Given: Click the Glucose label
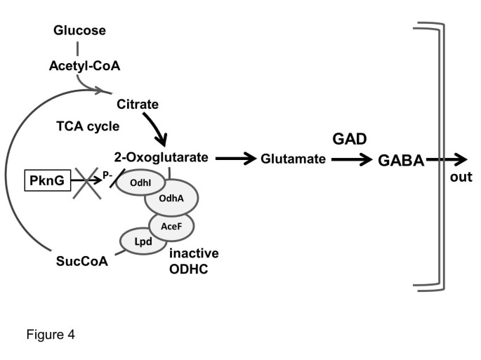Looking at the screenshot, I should (80, 31).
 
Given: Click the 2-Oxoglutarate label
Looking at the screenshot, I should (161, 158).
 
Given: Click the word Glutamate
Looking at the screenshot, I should (294, 159).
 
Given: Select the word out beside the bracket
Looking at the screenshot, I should (461, 177).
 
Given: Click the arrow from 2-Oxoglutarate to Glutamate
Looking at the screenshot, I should (235, 159).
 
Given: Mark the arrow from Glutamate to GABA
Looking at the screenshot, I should (352, 159).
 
